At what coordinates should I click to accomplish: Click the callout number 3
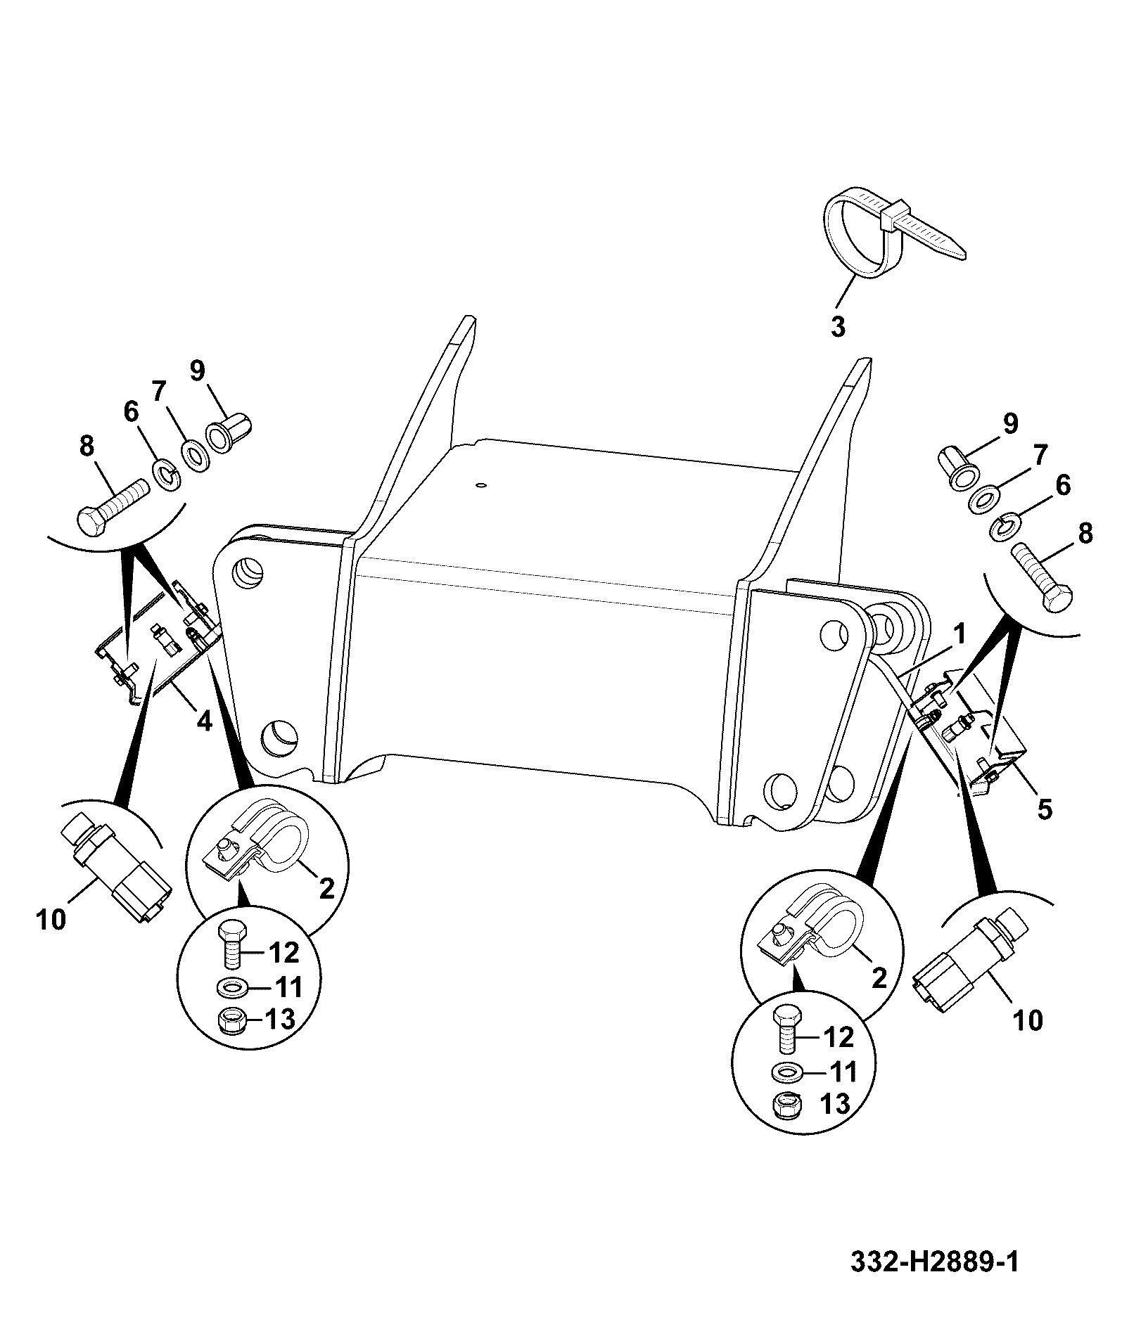point(838,328)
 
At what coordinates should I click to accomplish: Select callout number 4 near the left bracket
point(203,721)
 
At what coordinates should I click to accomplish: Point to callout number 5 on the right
point(1045,809)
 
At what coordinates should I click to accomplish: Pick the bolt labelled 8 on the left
point(110,507)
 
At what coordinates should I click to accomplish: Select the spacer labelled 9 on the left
point(228,435)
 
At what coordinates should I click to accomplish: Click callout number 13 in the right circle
point(836,1104)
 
